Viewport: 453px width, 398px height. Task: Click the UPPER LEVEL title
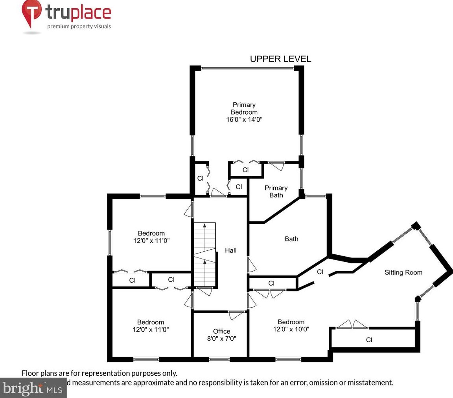[x=280, y=59]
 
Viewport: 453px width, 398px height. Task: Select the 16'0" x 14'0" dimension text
[x=244, y=120]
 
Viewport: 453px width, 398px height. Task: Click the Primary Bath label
[x=276, y=192]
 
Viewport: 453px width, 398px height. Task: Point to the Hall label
[x=231, y=250]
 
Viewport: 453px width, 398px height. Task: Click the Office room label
[x=222, y=331]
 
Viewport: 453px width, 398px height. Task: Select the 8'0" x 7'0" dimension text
[x=222, y=338]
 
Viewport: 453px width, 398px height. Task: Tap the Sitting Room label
[x=403, y=272]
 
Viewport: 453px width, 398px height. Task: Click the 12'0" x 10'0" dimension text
[x=291, y=329]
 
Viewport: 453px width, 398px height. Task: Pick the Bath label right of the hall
[x=291, y=239]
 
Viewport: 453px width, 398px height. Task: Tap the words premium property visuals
[x=79, y=27]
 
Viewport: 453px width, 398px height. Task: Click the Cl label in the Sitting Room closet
[x=369, y=340]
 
